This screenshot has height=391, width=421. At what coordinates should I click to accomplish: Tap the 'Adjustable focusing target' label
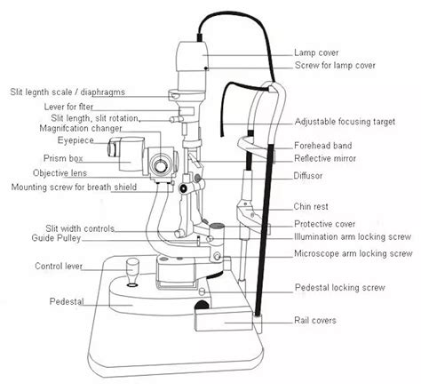344,121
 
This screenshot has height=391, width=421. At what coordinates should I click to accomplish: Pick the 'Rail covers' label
316,321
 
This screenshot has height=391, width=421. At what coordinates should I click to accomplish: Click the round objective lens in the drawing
161,165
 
